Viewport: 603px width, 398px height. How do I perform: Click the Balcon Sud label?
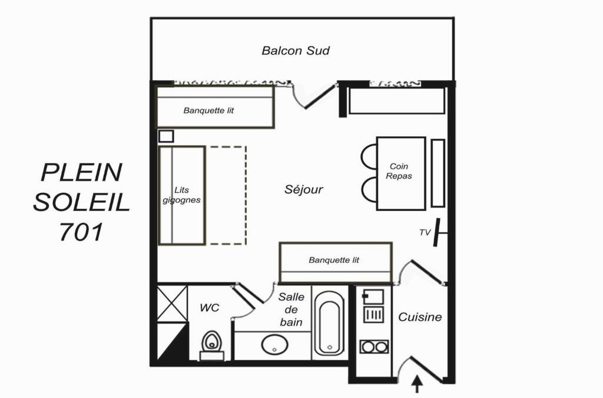point(296,51)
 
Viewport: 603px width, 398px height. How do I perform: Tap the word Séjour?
point(303,189)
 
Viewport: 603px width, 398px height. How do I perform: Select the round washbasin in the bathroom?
point(274,344)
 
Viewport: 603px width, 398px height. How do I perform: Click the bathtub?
point(330,323)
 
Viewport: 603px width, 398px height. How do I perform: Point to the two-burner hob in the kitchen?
point(374,347)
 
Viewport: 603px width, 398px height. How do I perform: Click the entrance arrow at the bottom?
point(418,384)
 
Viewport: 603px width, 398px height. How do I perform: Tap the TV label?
point(425,232)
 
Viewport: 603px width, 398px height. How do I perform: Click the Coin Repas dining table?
point(401,173)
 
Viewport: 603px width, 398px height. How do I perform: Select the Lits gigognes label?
point(181,195)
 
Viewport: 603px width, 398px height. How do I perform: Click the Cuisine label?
point(419,317)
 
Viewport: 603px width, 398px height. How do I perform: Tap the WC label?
point(209,308)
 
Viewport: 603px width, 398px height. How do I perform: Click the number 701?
point(81,232)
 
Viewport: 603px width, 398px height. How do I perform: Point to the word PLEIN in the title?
point(81,172)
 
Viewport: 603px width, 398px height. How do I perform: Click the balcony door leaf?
point(320,96)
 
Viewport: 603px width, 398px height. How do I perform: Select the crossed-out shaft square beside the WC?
point(173,303)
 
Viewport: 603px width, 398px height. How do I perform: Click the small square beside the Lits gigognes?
point(166,136)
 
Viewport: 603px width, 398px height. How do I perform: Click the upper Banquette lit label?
point(208,111)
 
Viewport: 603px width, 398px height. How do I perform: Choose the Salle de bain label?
point(291,310)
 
